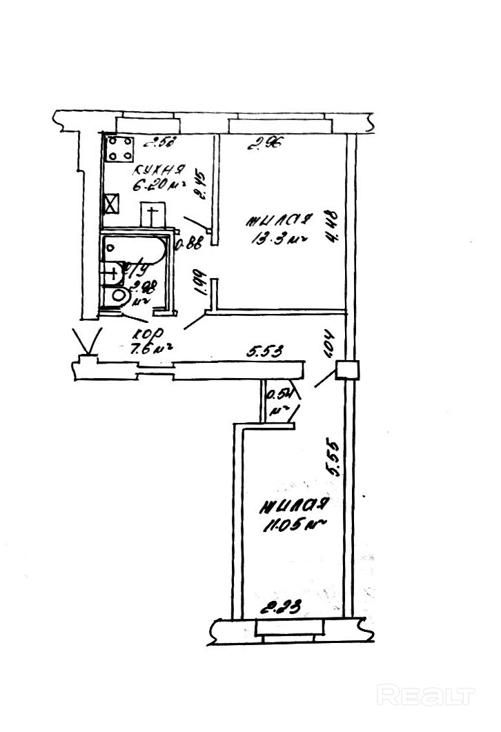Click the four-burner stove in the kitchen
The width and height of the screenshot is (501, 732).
[x=119, y=148]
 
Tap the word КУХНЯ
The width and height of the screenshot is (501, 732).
[x=159, y=170]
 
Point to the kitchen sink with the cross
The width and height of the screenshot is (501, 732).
[x=153, y=214]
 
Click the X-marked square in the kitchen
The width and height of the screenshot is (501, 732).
[x=111, y=205]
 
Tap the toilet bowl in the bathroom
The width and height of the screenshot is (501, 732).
[x=119, y=297]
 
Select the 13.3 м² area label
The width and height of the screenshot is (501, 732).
[x=275, y=239]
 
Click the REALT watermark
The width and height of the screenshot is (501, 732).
[x=428, y=695]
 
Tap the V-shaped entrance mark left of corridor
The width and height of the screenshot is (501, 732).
[x=88, y=342]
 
